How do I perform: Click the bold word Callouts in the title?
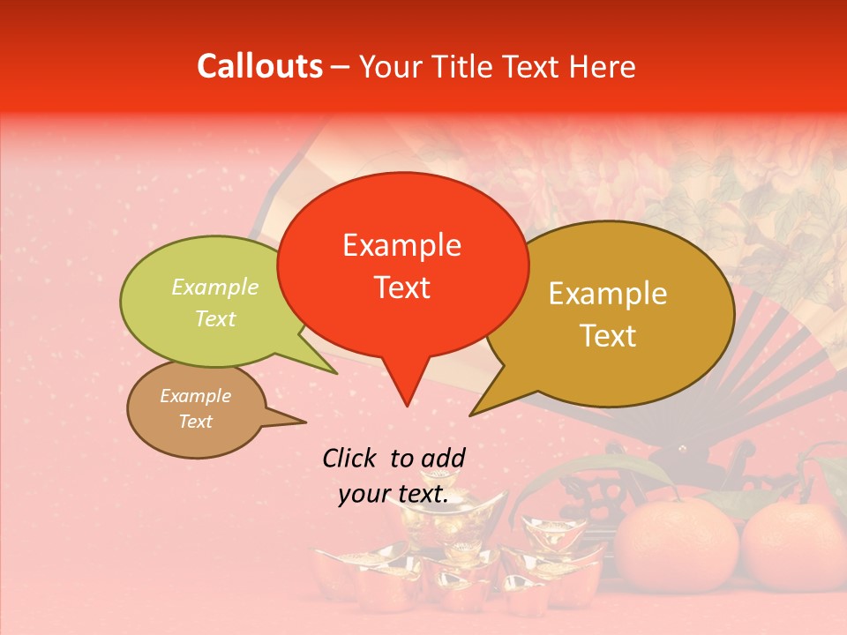(x=259, y=67)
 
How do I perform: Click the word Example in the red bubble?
(x=401, y=245)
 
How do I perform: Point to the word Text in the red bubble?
(x=401, y=288)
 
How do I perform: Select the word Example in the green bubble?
(x=215, y=288)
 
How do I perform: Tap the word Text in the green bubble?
(x=215, y=319)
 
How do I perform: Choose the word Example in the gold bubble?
(x=608, y=294)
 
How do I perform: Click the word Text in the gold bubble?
(x=608, y=336)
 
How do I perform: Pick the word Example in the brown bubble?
(x=195, y=396)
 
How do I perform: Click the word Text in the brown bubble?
(x=195, y=422)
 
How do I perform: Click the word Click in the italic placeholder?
(x=352, y=458)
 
